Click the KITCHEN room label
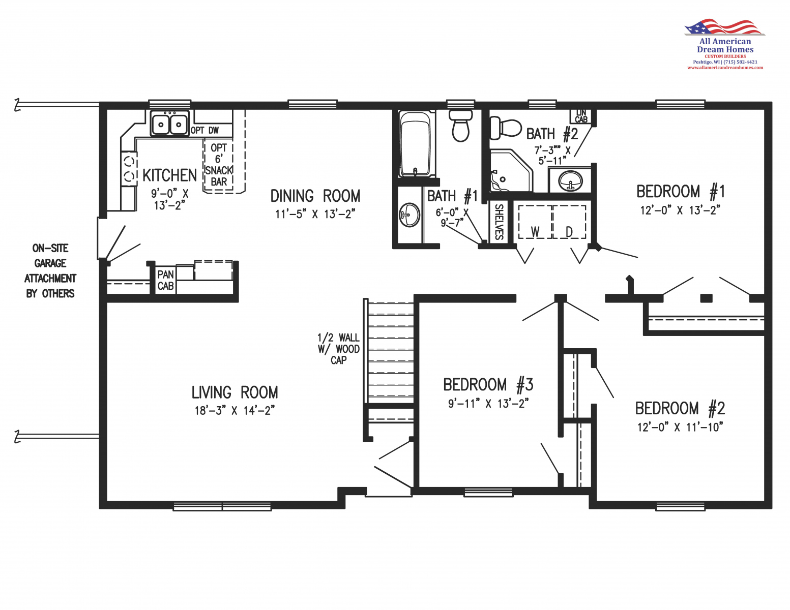(x=169, y=175)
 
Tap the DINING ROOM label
(x=315, y=196)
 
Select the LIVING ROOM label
(x=235, y=392)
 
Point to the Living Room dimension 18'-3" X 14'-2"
(x=235, y=411)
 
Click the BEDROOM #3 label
(x=488, y=385)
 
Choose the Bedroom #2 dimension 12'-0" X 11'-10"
(x=680, y=427)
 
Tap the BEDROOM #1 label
(x=681, y=192)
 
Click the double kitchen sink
(x=169, y=123)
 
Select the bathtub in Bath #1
(x=417, y=144)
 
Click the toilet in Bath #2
(x=505, y=128)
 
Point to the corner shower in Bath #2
(x=511, y=170)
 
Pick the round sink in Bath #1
(x=409, y=215)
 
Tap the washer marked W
(x=535, y=222)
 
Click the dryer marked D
(x=569, y=222)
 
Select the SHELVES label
(x=499, y=222)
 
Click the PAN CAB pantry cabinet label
(x=165, y=280)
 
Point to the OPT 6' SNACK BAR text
(x=219, y=165)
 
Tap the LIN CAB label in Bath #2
(x=581, y=116)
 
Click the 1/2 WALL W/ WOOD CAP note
(x=338, y=349)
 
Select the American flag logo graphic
(x=724, y=27)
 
